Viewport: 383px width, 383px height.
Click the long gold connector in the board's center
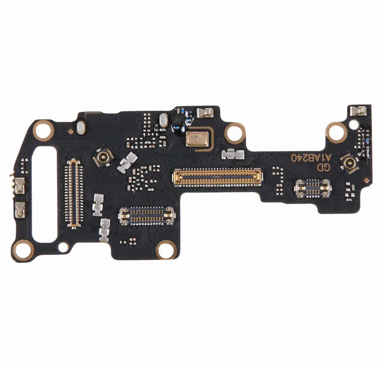pos(217,177)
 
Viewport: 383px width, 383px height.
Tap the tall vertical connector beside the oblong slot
pos(74,193)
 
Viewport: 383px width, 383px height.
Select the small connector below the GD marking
pos(313,188)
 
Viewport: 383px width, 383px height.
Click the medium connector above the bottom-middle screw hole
pos(147,216)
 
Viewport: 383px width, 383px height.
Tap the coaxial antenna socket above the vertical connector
pos(103,157)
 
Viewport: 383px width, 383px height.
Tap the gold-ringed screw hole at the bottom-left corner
pos(23,250)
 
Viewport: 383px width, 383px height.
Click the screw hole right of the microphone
pos(235,133)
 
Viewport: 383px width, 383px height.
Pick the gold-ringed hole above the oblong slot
pos(43,130)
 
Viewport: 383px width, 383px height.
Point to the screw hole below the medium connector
pos(166,249)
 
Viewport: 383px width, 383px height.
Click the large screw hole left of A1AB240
pos(336,132)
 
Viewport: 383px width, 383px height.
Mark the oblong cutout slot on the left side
pos(45,193)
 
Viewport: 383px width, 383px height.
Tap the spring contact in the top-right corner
pos(358,111)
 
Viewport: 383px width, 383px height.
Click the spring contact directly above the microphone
pos(205,112)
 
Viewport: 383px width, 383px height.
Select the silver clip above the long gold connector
pos(233,154)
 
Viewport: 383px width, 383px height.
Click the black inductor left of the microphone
pos(177,121)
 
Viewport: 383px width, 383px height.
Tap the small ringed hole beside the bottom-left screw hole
pos(63,247)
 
